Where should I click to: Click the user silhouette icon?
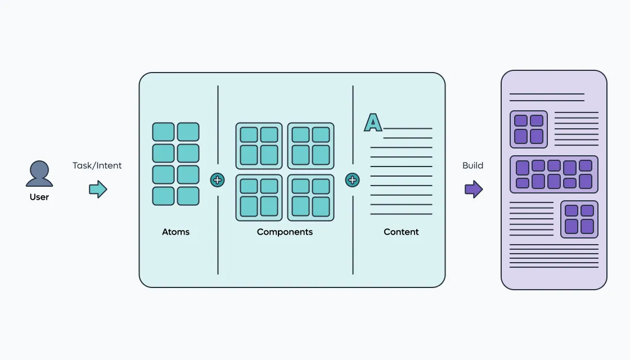coord(39,174)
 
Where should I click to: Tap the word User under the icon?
coord(39,197)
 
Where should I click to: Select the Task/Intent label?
coord(97,165)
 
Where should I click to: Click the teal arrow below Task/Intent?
coord(98,189)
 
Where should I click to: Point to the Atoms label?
coord(175,232)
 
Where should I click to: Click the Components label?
coord(285,232)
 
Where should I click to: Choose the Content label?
coord(401,232)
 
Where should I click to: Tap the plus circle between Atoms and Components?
coord(217,180)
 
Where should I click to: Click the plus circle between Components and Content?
coord(352,180)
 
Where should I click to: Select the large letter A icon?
coord(373,123)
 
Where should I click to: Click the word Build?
coord(473,165)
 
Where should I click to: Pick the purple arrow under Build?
coord(474,189)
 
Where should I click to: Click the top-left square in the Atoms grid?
coord(163,132)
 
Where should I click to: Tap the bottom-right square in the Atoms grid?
coord(188,196)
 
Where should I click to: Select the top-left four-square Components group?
coord(259,146)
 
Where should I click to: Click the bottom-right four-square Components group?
coord(310,197)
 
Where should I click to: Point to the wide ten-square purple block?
coord(554,174)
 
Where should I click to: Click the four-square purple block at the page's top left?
coord(529,129)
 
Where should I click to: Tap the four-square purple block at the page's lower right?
coord(579,219)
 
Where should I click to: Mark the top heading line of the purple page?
coord(547,94)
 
